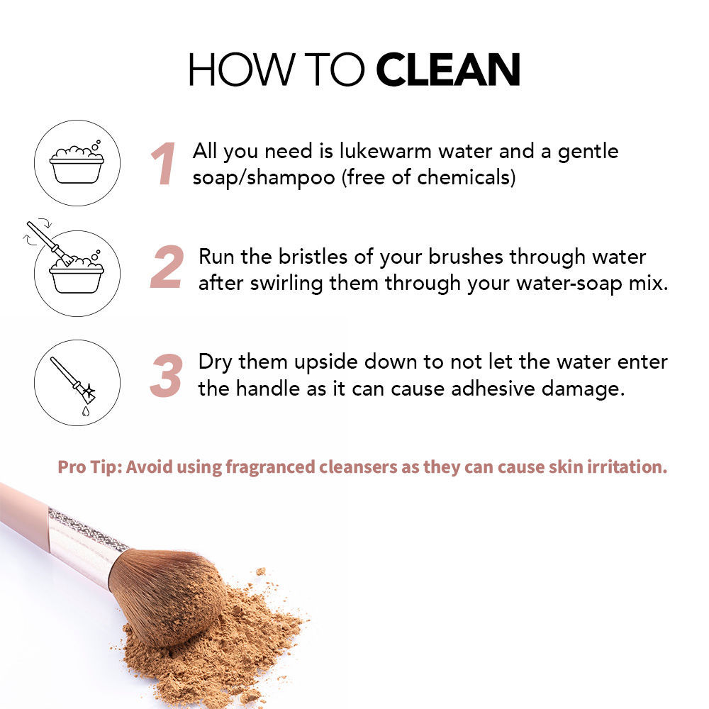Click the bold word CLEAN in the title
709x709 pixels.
448,69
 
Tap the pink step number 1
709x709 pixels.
163,164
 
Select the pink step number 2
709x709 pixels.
167,267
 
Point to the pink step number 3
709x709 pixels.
167,375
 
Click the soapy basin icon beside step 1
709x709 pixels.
77,164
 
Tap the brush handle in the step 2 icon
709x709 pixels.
43,235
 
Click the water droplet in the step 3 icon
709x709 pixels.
86,411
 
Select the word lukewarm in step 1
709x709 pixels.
385,151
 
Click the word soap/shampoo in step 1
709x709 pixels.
264,177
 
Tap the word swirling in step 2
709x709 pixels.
286,284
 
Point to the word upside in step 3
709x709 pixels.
325,362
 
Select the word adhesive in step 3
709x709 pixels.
493,389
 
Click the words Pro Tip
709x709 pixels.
89,467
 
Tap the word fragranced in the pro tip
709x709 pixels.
270,467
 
